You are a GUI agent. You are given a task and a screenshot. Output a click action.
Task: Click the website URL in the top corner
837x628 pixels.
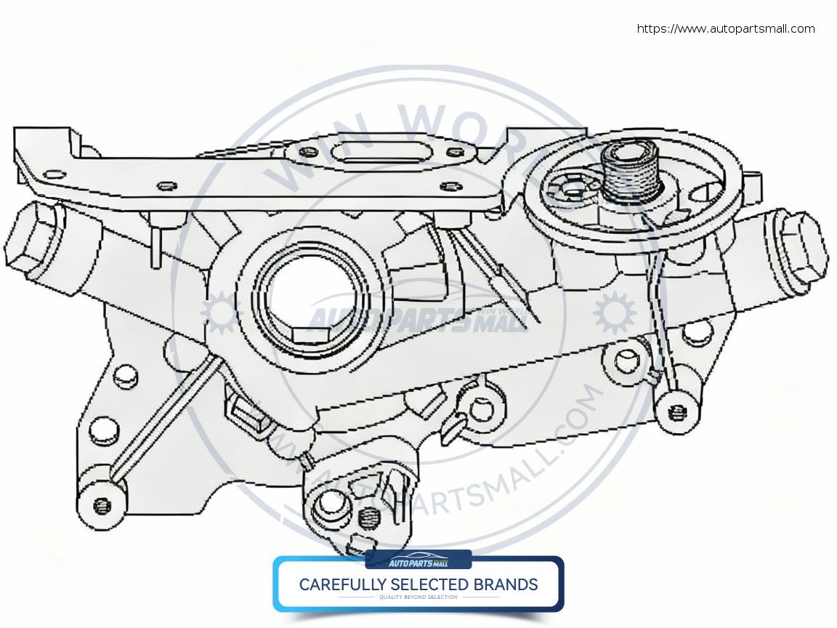[725, 29]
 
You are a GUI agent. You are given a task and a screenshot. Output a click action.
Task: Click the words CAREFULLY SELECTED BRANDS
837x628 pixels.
[418, 584]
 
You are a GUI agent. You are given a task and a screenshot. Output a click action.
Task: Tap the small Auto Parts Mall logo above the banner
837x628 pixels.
[418, 561]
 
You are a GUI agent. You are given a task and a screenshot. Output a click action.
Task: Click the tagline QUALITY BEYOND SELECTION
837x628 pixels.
[418, 597]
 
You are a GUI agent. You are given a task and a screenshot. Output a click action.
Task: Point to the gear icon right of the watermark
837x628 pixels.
[614, 313]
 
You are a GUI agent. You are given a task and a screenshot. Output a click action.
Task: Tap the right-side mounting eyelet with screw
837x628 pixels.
[679, 411]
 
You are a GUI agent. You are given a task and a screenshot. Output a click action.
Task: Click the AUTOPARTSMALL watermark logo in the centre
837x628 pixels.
[407, 320]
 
